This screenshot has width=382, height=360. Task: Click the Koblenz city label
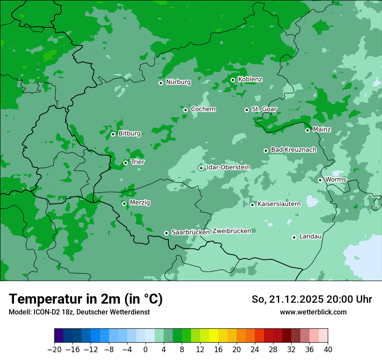250,79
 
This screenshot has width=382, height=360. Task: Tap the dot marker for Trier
125,163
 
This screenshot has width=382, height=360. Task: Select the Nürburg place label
178,82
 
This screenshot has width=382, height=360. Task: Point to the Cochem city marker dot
185,110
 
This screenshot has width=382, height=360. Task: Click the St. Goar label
264,109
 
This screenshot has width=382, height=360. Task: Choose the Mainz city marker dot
307,130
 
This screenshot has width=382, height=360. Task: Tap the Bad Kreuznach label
293,150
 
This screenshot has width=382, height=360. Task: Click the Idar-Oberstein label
228,167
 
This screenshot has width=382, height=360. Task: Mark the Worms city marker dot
320,180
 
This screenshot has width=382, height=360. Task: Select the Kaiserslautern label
279,204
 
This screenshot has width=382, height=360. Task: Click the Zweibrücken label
231,231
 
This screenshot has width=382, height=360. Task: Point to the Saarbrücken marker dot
166,233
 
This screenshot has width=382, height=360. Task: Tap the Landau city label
310,237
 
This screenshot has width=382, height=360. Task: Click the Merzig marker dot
124,203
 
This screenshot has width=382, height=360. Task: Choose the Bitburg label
129,134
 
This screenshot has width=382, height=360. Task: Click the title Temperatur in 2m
86,299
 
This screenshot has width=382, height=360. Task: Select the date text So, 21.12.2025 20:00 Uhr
312,299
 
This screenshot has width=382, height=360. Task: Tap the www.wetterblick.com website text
313,312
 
